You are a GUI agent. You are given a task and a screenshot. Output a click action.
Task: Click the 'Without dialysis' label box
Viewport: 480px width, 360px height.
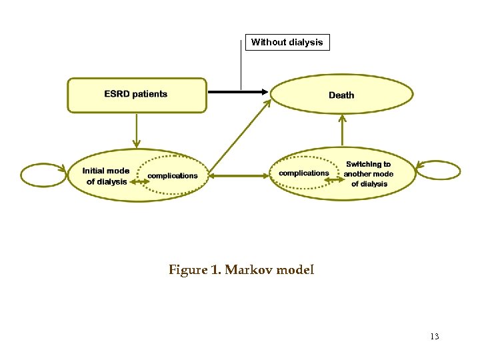point(287,43)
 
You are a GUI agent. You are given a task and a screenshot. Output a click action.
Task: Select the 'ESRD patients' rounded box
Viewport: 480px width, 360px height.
point(137,95)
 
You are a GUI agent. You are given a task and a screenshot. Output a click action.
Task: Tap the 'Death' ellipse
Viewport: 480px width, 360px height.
point(341,95)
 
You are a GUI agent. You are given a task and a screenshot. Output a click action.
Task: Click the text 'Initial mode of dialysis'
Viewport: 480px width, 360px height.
point(105,176)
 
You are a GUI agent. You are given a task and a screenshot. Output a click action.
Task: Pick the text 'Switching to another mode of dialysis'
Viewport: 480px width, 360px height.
point(369,173)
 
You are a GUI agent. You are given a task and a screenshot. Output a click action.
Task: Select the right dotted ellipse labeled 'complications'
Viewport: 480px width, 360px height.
point(304,173)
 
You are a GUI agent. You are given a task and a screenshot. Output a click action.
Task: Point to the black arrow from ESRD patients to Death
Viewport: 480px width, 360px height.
point(237,91)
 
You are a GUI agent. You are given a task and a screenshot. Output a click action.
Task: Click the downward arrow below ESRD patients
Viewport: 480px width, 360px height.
point(136,130)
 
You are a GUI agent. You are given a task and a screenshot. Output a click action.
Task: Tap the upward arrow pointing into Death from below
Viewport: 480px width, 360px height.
point(342,130)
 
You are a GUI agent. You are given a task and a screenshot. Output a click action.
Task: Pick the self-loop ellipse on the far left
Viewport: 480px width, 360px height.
point(43,175)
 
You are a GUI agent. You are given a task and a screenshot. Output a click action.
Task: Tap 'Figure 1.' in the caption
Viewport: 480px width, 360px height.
point(195,270)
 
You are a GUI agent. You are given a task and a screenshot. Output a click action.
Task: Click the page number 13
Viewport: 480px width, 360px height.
point(435,337)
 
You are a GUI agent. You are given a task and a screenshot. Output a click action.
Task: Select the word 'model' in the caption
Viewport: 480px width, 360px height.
point(295,270)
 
